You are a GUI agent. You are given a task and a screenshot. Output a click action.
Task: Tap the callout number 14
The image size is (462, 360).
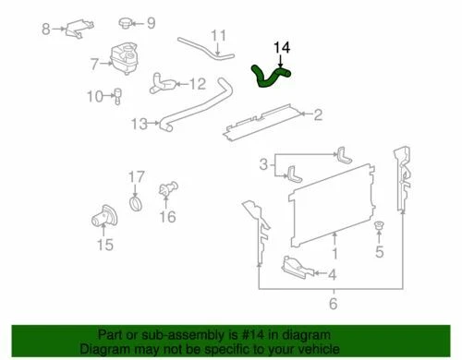pos(282,45)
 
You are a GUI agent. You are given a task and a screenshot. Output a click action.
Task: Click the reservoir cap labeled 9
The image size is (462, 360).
pos(126,23)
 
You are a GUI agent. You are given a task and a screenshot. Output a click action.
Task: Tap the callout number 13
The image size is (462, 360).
pos(139,123)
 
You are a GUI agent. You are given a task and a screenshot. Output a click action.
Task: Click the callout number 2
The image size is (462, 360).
pos(318,115)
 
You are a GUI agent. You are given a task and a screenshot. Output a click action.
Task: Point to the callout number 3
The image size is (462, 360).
pos(263,164)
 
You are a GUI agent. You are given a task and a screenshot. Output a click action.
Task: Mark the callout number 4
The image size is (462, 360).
pos(333,274)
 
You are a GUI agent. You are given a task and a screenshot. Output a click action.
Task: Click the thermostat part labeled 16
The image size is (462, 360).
pos(167,190)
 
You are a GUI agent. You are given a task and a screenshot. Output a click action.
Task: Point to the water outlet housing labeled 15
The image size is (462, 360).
pos(101,222)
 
